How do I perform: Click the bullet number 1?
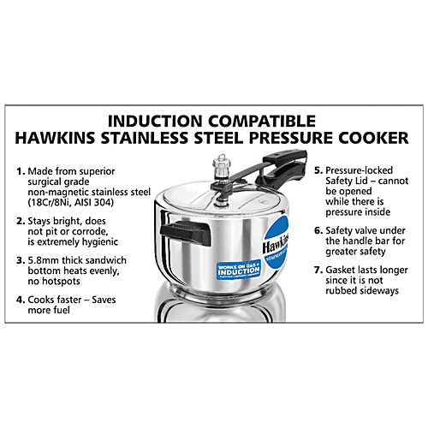(x=21, y=172)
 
